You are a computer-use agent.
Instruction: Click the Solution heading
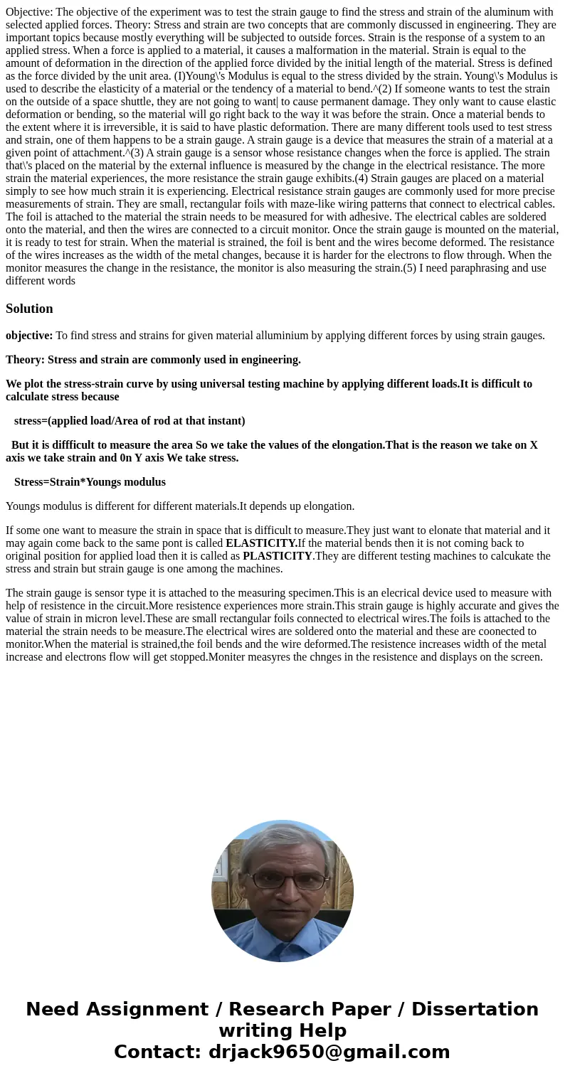[x=29, y=308]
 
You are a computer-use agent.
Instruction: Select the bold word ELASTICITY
[x=261, y=543]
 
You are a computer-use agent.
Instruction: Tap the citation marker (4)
[x=362, y=178]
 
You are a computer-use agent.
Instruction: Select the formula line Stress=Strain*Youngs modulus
[x=90, y=481]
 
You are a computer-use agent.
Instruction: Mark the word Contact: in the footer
[x=157, y=1052]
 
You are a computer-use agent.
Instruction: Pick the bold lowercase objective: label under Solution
[x=29, y=335]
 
